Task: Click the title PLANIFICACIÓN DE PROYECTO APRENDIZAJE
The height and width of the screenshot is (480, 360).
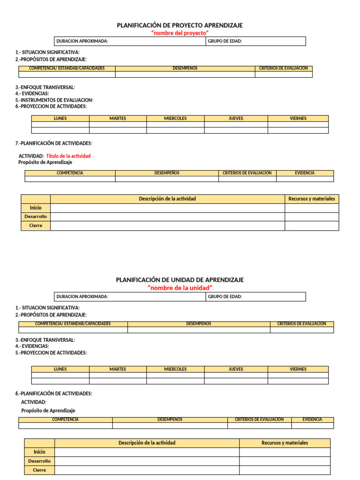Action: click(180, 25)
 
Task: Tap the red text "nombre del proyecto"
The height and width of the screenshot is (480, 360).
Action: click(180, 33)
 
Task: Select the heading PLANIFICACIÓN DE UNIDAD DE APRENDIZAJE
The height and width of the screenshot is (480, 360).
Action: click(180, 280)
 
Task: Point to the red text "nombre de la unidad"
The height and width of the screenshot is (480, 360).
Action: click(180, 287)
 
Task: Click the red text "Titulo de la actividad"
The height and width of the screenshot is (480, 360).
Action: click(68, 156)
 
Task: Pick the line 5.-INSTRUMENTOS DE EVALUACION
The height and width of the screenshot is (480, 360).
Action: click(54, 100)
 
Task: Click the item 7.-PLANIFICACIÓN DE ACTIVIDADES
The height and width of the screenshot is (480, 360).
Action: click(53, 143)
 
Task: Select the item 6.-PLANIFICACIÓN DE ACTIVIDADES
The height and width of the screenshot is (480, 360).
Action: click(53, 394)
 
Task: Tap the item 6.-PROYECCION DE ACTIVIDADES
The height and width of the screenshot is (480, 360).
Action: click(51, 106)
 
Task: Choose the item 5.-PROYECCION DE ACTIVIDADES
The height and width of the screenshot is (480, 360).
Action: click(51, 352)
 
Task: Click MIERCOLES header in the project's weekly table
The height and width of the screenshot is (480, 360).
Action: click(175, 119)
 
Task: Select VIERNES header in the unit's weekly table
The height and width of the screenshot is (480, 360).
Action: click(298, 369)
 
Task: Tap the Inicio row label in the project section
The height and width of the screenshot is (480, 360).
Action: click(36, 208)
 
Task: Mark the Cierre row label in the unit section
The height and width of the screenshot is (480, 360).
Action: click(39, 470)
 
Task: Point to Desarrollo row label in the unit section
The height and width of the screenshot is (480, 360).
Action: click(39, 461)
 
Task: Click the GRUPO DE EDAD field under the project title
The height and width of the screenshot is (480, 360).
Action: click(255, 41)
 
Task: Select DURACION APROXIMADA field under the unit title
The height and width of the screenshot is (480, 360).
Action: click(129, 297)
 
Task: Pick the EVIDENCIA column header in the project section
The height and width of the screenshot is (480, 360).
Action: click(305, 173)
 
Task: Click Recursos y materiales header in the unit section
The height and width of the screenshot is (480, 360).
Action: click(285, 443)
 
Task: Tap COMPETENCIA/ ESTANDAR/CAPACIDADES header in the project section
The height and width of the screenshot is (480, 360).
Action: click(67, 68)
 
